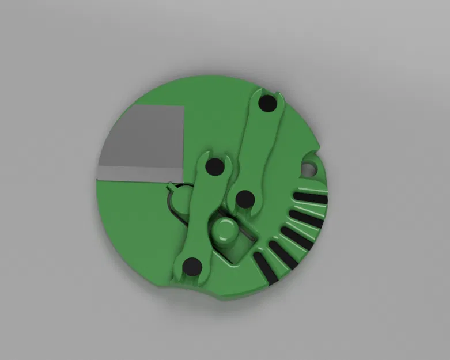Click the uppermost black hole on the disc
point(267,105)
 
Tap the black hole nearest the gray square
point(215,167)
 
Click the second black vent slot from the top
point(307,218)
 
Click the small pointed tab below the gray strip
point(172,186)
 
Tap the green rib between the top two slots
point(309,209)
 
